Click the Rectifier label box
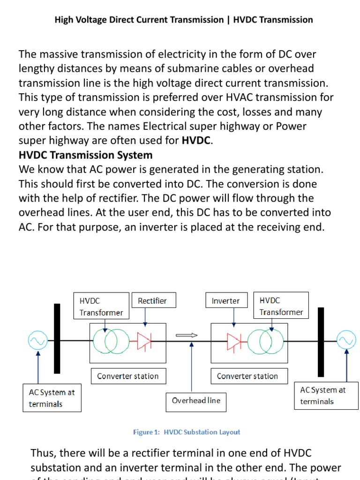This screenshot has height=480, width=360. click(x=152, y=301)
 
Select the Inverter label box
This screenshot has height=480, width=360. click(x=226, y=301)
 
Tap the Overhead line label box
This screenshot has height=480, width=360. click(x=196, y=401)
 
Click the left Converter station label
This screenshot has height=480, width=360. click(x=127, y=376)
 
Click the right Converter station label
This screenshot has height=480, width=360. click(x=247, y=376)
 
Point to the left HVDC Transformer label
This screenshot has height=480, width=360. click(x=101, y=306)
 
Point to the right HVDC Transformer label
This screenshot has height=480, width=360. click(x=281, y=306)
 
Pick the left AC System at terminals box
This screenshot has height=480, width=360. click(x=52, y=398)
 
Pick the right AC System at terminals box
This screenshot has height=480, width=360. click(x=323, y=395)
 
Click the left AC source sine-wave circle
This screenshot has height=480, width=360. click(x=37, y=341)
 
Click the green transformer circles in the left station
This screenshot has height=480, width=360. click(x=111, y=342)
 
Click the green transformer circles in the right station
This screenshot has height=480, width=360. click(x=265, y=342)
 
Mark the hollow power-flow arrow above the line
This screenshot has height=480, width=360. click(x=187, y=335)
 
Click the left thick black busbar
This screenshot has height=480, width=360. click(x=57, y=338)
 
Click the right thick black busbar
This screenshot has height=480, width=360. click(x=321, y=342)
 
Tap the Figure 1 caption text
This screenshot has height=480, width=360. click(x=187, y=432)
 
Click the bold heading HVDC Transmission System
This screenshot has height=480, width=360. click(x=85, y=155)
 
